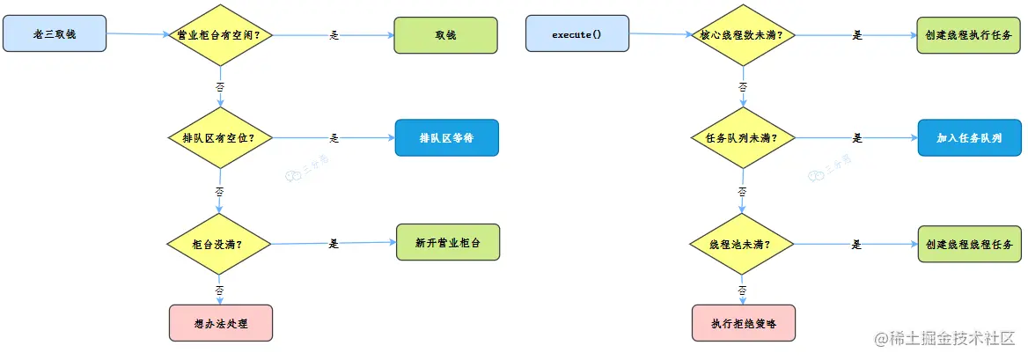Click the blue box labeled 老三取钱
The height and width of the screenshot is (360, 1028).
click(54, 33)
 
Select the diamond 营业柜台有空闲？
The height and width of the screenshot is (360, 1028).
click(219, 36)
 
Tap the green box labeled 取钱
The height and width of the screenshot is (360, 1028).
click(445, 35)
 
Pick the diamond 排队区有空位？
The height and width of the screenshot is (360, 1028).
click(219, 139)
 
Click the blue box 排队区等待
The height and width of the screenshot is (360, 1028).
click(446, 138)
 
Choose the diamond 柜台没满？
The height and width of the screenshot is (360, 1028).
click(219, 244)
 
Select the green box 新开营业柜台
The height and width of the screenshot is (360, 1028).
click(447, 242)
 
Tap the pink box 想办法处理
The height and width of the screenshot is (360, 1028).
click(220, 323)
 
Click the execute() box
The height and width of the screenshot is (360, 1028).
click(576, 33)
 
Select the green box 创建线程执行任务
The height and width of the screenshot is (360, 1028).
click(969, 35)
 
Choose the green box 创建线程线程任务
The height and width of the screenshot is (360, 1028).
click(969, 244)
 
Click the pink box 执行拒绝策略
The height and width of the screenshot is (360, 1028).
click(744, 323)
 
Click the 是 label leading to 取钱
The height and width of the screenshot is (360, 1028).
click(334, 35)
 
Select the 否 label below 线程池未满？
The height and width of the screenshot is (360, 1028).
click(743, 290)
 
